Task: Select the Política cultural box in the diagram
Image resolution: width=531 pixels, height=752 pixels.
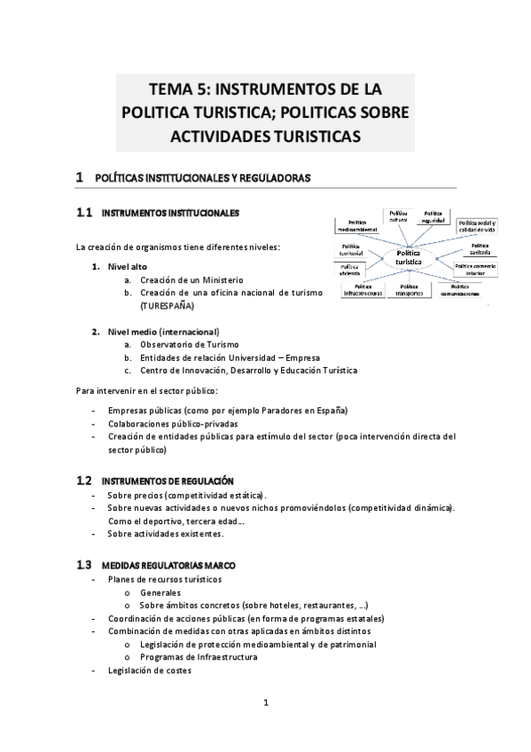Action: click(x=398, y=217)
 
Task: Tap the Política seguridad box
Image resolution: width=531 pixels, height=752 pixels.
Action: click(x=432, y=217)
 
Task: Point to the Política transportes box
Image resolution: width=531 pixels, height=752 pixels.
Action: click(x=409, y=290)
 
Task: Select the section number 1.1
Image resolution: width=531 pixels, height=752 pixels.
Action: click(x=84, y=214)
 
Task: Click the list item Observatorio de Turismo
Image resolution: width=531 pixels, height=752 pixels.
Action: click(x=189, y=344)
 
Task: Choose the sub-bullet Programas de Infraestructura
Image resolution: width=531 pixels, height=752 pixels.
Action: click(x=199, y=657)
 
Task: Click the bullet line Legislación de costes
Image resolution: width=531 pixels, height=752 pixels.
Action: click(x=149, y=670)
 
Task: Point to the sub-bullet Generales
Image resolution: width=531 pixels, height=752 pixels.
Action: click(x=160, y=591)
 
